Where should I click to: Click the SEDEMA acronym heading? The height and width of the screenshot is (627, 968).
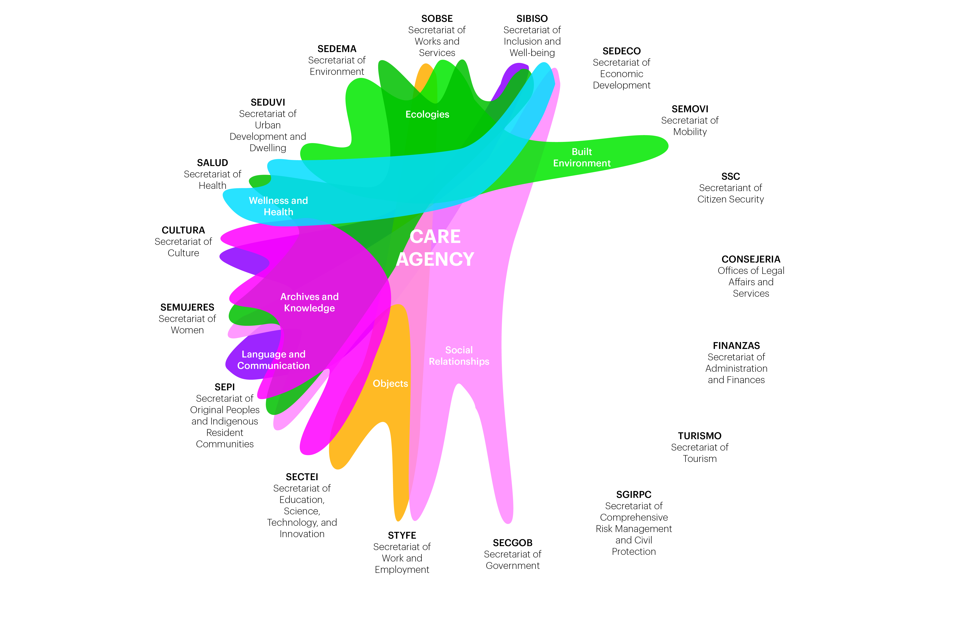pos(337,49)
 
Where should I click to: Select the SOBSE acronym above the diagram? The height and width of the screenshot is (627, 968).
pos(437,19)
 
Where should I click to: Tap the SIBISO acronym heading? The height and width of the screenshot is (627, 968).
pos(532,19)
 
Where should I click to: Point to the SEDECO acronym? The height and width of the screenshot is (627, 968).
pos(621,51)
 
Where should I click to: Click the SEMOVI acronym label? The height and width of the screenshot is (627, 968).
pos(690,109)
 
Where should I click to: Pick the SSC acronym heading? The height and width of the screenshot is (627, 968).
pos(731,177)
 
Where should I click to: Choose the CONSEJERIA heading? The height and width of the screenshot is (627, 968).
pos(751,259)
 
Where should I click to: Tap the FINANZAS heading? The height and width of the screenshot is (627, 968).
pos(736,346)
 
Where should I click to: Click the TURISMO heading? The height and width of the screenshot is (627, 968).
pos(700,436)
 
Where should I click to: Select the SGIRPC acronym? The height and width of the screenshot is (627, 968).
pos(634,495)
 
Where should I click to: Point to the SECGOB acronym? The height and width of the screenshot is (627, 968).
pos(512,543)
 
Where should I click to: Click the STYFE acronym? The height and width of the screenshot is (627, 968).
pos(402,535)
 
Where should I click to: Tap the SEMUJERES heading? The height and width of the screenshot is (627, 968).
pos(187,307)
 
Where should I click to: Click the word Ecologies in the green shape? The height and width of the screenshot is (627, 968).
pos(427,114)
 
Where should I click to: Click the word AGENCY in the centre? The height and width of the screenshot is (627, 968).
pos(435,259)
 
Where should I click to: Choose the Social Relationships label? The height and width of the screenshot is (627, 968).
pos(459,356)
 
